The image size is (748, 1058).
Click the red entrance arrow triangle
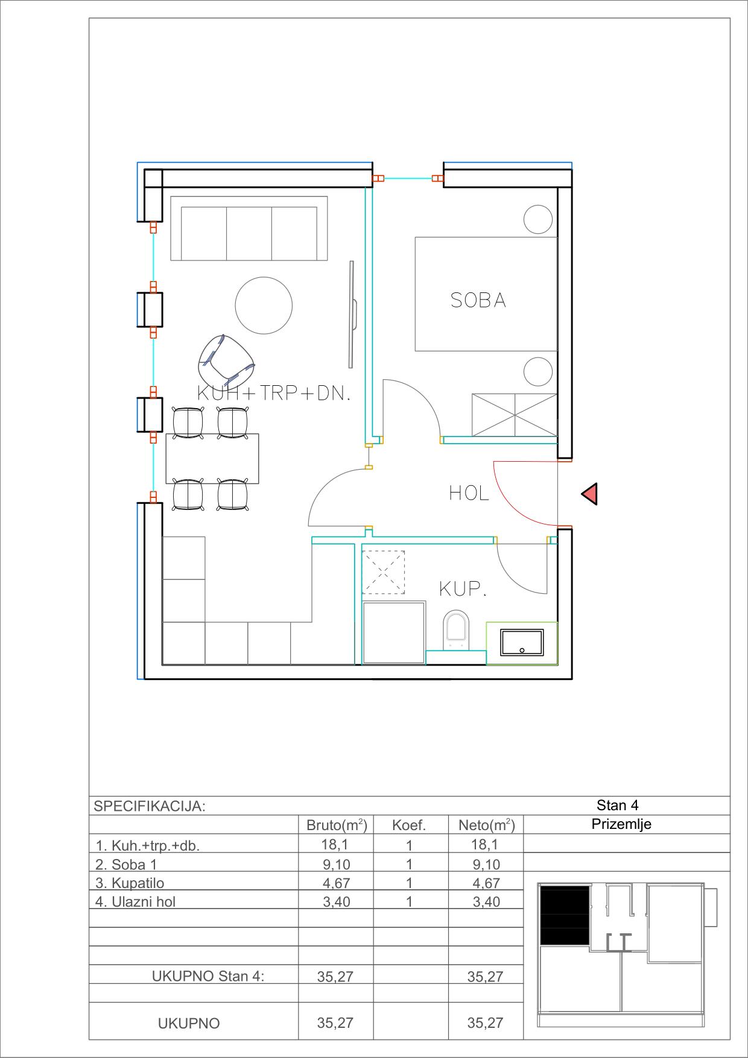(x=591, y=494)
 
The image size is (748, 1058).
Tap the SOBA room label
(x=478, y=300)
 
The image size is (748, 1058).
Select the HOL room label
(x=469, y=494)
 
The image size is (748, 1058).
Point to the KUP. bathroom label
(x=463, y=589)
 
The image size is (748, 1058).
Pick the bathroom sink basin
(x=522, y=643)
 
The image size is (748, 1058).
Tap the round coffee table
(x=264, y=304)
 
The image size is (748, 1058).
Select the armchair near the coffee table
(x=225, y=362)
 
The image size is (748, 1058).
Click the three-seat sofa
(x=249, y=228)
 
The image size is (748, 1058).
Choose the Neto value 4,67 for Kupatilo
(x=486, y=883)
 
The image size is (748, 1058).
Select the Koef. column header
(x=409, y=826)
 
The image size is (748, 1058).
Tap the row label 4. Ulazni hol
(x=136, y=902)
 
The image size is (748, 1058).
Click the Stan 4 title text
(x=618, y=805)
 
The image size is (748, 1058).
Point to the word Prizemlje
(x=621, y=824)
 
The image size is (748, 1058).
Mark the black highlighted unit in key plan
(x=565, y=915)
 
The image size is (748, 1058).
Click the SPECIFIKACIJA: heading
(x=150, y=807)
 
